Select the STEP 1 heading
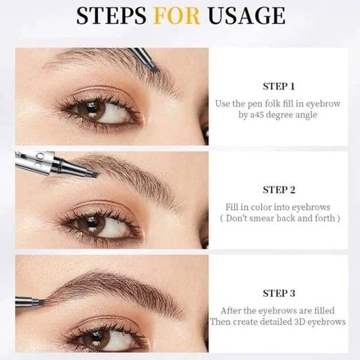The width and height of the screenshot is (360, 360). [279, 86]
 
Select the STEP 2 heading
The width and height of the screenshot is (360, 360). [279, 190]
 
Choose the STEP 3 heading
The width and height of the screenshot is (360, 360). [279, 293]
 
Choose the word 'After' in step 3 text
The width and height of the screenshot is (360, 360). [232, 310]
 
